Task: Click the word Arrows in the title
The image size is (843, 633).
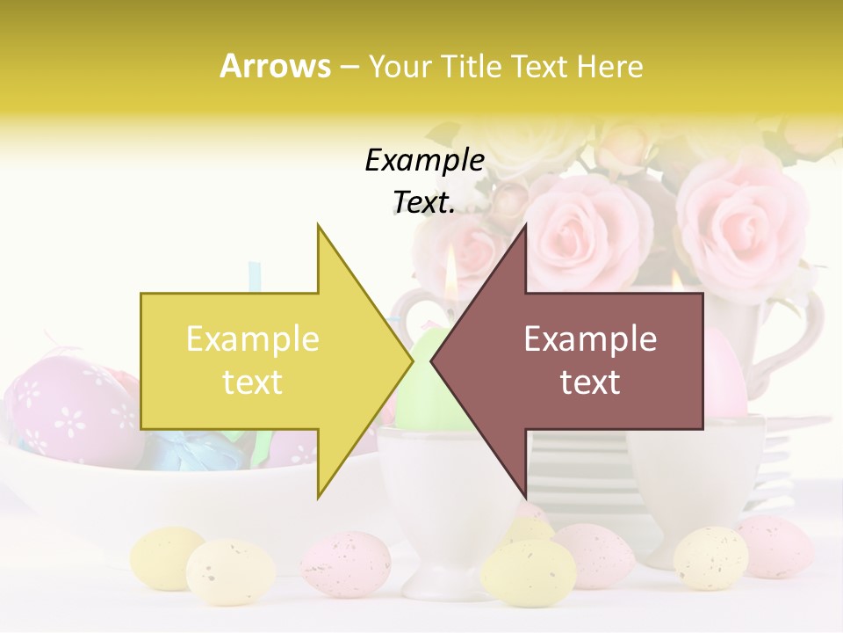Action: [275, 66]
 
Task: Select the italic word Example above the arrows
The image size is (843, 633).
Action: [424, 160]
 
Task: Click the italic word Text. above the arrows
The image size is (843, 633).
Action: [424, 202]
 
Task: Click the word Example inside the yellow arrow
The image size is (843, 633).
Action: [252, 338]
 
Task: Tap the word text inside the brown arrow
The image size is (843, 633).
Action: [590, 382]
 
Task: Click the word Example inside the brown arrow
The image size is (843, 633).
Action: [590, 338]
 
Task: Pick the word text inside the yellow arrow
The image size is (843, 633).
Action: [252, 382]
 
